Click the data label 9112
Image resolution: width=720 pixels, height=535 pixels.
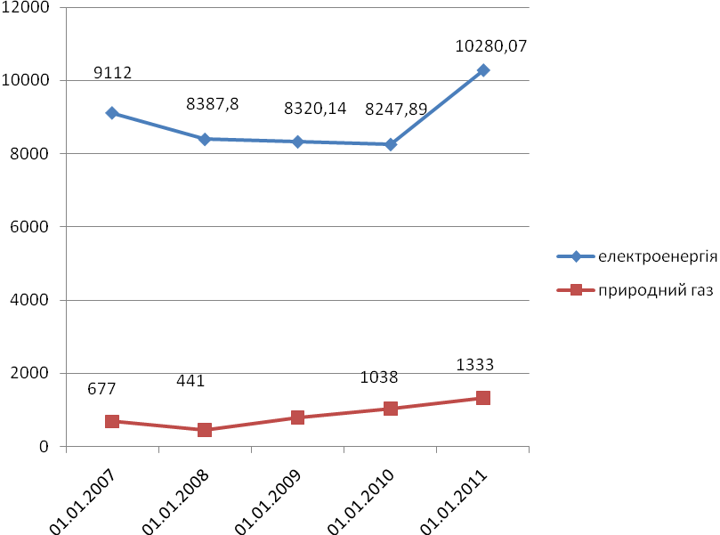(114, 73)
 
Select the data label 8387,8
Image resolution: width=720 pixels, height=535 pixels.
(212, 104)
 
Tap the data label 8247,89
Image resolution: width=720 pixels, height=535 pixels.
(396, 109)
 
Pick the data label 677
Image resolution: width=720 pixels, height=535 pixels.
(101, 389)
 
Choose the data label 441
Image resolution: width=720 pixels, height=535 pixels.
(190, 380)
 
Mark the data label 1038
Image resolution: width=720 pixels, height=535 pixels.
(379, 377)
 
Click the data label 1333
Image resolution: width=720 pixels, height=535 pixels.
(474, 364)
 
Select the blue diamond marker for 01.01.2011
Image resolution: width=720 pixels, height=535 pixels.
(483, 69)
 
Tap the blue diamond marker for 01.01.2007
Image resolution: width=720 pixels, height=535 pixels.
(111, 113)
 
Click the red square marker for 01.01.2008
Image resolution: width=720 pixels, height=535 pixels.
(205, 430)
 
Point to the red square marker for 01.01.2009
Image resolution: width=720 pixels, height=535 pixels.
(297, 417)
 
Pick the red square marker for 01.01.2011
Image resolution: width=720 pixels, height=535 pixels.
(483, 398)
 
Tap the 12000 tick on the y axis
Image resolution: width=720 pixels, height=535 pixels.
(36, 7)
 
